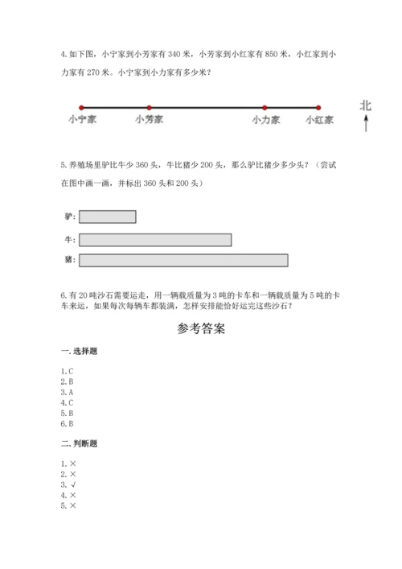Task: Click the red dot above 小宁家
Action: coord(80,107)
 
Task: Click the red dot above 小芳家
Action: coord(149,107)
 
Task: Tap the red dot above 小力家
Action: coord(265,107)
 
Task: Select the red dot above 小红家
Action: coord(318,107)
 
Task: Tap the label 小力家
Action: coord(265,120)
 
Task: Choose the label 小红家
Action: coord(319,120)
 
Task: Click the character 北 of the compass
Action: coord(366,105)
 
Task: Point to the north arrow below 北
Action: coord(366,123)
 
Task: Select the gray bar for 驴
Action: coord(108,216)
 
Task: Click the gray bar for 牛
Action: coord(155,239)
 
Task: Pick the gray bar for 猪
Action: coord(183,260)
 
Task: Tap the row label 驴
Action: coord(68,216)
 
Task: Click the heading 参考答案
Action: coord(200,329)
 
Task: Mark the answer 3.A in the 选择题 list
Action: coord(68,392)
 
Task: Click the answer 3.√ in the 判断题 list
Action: coord(68,484)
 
